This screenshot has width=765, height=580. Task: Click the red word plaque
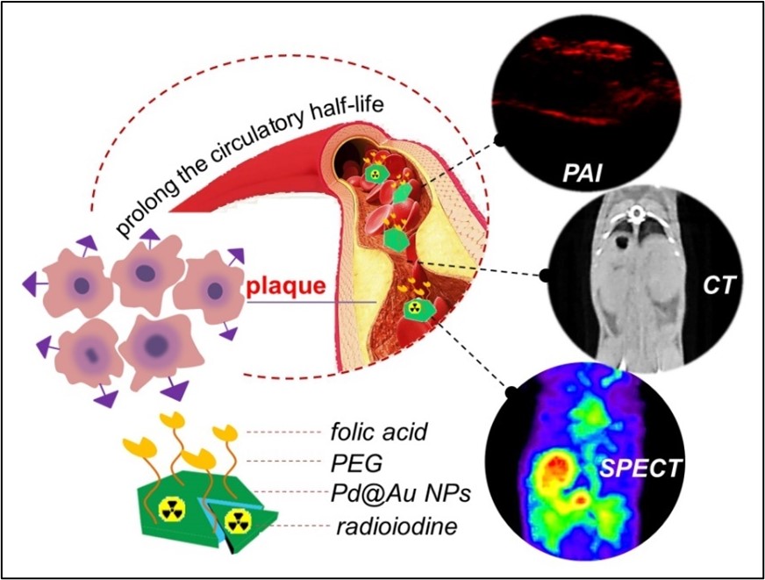tap(286, 286)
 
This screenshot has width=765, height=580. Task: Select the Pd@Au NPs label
tap(399, 494)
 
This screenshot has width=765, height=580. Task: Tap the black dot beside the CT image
tap(544, 276)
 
